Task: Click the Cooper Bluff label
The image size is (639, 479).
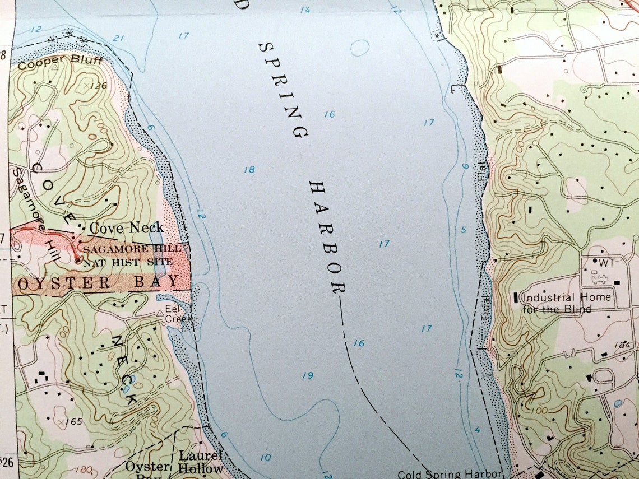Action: (60, 61)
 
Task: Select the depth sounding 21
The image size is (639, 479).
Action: (118, 38)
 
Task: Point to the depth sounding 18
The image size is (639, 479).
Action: (249, 170)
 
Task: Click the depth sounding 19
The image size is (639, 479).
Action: (307, 375)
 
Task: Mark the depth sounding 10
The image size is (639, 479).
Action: (265, 458)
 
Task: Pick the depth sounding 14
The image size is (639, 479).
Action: (305, 10)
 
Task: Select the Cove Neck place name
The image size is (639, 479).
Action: (127, 227)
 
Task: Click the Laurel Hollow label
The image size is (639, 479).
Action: (201, 462)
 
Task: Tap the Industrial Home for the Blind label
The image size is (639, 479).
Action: (566, 303)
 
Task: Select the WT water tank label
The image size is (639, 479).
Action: (603, 262)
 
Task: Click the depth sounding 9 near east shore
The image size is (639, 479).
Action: (465, 166)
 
